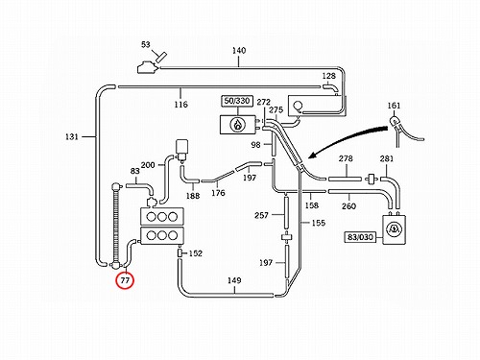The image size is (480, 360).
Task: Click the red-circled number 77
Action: pyautogui.click(x=125, y=280)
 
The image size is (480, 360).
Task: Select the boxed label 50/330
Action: pyautogui.click(x=237, y=101)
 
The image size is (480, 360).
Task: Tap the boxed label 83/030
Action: pyautogui.click(x=360, y=237)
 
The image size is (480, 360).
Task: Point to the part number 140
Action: pyautogui.click(x=239, y=51)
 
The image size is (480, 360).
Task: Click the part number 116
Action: pyautogui.click(x=180, y=105)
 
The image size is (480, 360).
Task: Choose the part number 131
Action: pyautogui.click(x=72, y=136)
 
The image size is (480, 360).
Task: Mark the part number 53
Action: pyautogui.click(x=146, y=44)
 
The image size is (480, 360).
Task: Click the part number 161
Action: pyautogui.click(x=394, y=106)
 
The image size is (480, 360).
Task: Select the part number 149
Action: pyautogui.click(x=234, y=280)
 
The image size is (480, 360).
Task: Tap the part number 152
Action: pyautogui.click(x=196, y=253)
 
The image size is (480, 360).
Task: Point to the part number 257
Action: pyautogui.click(x=261, y=215)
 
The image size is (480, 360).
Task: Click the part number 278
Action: pyautogui.click(x=346, y=158)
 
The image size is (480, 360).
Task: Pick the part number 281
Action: pyautogui.click(x=387, y=158)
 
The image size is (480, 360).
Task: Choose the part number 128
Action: pyautogui.click(x=328, y=76)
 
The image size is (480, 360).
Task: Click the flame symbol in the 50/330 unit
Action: pyautogui.click(x=238, y=125)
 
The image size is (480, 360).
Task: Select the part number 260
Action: pyautogui.click(x=348, y=206)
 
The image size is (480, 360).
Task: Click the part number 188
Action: pyautogui.click(x=193, y=196)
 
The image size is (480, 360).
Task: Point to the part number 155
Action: pyautogui.click(x=319, y=223)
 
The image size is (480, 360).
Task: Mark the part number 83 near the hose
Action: pyautogui.click(x=134, y=171)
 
